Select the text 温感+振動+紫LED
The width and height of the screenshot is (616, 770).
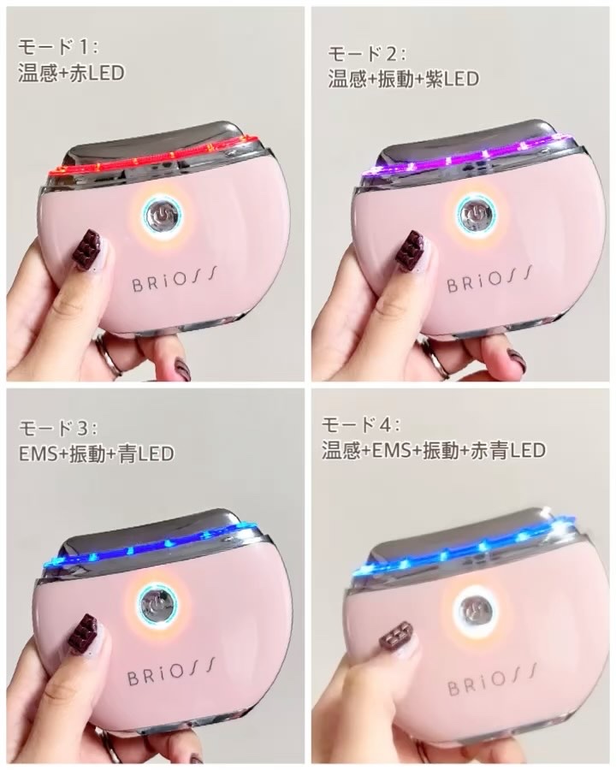(x=403, y=79)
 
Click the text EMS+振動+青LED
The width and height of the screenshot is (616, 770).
(x=96, y=453)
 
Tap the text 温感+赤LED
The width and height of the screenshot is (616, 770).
(x=71, y=73)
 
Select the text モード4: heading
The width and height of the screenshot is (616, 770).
(x=361, y=423)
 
